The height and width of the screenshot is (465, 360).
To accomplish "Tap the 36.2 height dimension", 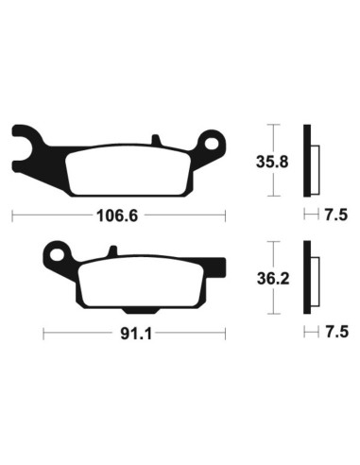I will pos(272,280).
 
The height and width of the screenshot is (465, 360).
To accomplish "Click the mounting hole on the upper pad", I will pos(213,145).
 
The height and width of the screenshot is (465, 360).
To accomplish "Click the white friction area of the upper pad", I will pos(123,171).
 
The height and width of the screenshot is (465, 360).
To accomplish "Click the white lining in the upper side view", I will pos(316,163).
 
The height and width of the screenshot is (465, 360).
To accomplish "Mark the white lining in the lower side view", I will pos(316,281).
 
